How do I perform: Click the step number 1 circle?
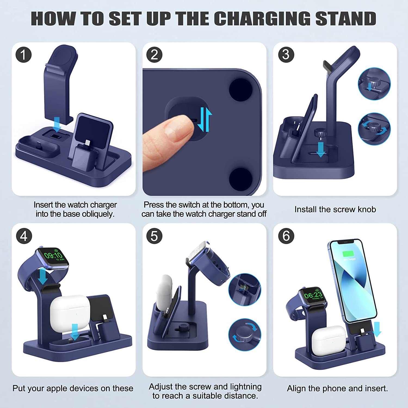click(24, 54)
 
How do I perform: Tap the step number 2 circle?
click(154, 54)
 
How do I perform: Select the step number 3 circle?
click(286, 54)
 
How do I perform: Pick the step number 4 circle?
click(24, 236)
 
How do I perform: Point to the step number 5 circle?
click(154, 236)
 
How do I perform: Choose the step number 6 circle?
click(286, 236)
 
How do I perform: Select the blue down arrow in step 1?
click(57, 124)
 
